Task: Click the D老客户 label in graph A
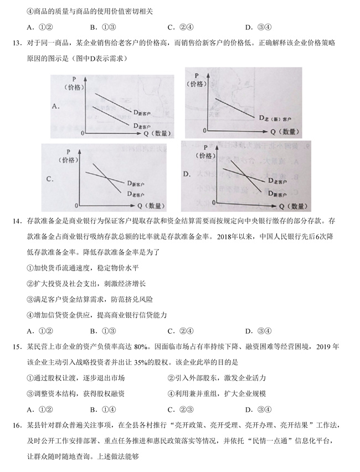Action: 145,126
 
